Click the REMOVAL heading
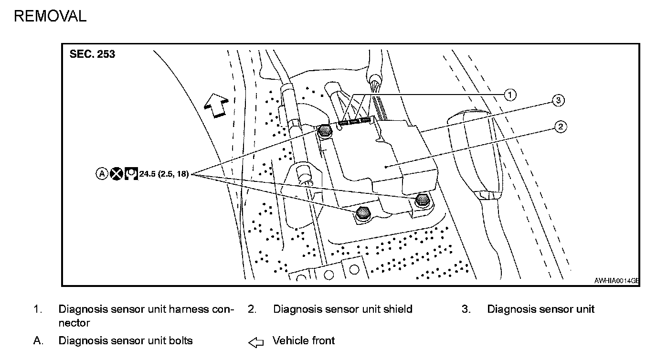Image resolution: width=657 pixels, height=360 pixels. click(x=50, y=16)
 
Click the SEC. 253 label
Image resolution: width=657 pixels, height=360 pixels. click(x=92, y=54)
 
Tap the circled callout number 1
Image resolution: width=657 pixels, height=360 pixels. click(x=510, y=95)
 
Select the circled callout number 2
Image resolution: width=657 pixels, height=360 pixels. click(x=561, y=127)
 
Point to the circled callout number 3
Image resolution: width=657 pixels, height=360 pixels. click(x=558, y=100)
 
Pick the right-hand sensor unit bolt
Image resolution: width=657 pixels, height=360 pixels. click(x=422, y=200)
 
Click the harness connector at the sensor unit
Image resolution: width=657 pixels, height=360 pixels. click(x=356, y=122)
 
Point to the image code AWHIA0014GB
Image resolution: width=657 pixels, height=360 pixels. click(x=616, y=281)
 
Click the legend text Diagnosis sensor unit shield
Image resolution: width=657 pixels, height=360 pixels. click(x=342, y=309)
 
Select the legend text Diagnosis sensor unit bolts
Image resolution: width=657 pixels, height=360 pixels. click(x=126, y=340)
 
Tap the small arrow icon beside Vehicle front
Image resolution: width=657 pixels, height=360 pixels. click(x=256, y=342)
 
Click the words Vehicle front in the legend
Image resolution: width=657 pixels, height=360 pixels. click(x=304, y=340)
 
